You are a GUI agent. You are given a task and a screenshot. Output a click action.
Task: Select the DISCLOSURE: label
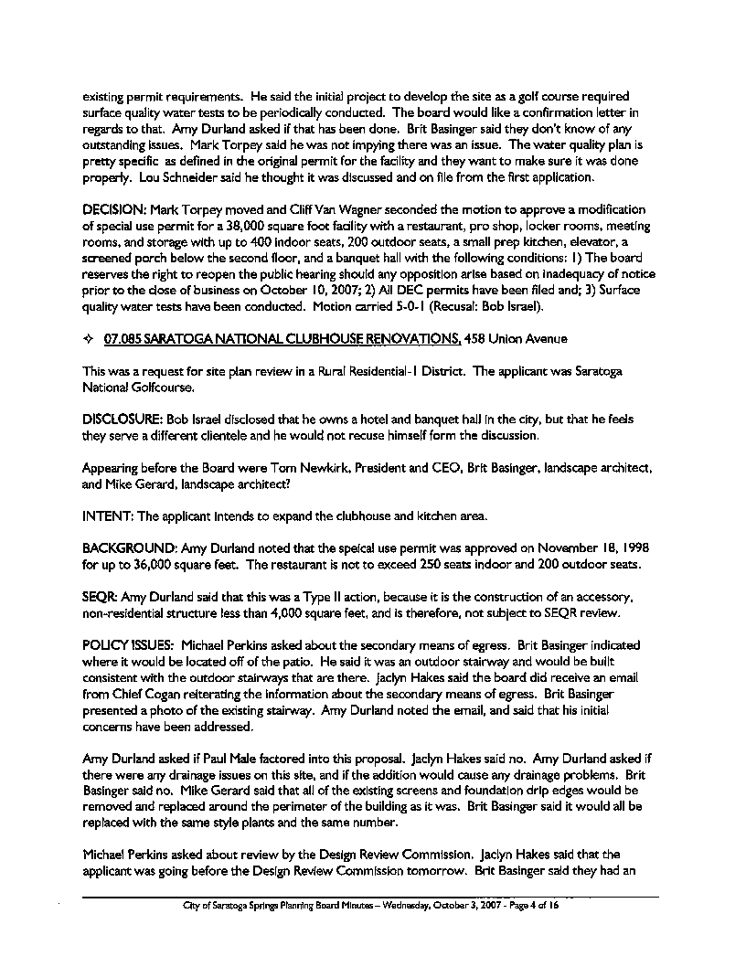pos(118,418)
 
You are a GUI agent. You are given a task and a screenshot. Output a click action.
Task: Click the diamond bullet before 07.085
pos(89,340)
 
